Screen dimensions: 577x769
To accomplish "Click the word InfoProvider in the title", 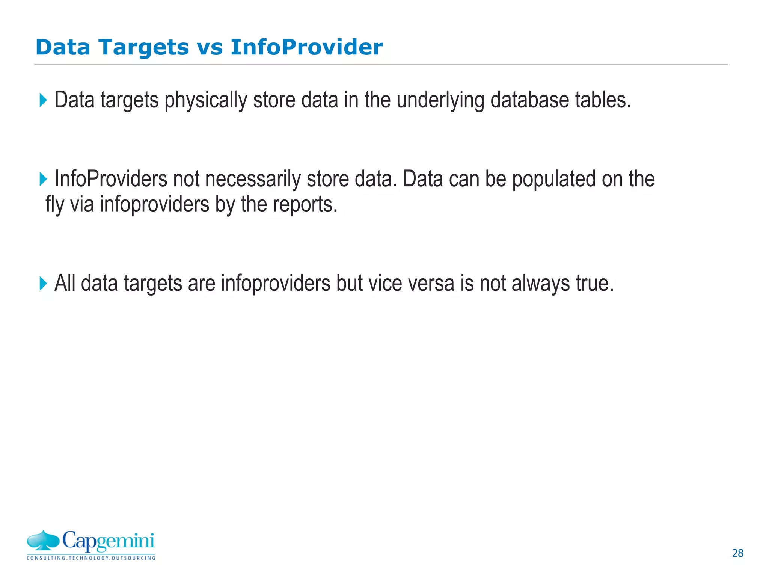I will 306,48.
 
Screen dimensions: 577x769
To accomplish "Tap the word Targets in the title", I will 143,48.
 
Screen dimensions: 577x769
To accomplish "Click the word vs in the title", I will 210,48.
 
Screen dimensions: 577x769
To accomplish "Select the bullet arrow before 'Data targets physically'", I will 43,100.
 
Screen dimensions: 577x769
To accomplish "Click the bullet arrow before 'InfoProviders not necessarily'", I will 43,179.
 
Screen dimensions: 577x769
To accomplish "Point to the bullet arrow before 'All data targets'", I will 43,284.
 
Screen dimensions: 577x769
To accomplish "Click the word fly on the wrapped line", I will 55,205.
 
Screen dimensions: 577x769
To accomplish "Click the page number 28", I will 737,553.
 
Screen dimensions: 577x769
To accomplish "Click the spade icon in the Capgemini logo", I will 43,541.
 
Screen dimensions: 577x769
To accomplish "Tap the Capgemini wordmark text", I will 108,541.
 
